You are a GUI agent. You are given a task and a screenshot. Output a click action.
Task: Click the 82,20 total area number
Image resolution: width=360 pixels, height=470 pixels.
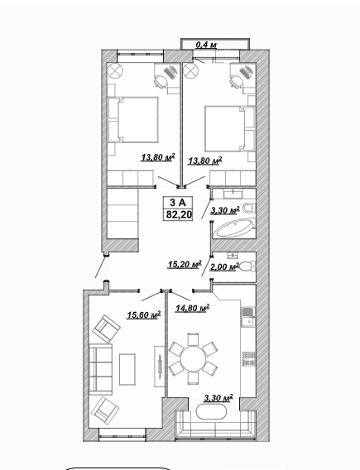(x=179, y=215)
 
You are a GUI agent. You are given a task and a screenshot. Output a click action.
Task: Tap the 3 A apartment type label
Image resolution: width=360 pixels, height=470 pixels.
(x=178, y=203)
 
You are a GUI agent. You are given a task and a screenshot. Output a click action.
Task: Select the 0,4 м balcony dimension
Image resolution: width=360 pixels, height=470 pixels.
(x=206, y=45)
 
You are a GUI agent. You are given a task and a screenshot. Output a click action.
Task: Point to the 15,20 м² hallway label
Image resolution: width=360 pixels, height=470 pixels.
(x=185, y=265)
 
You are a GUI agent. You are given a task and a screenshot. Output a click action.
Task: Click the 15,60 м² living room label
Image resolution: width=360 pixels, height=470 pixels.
(x=143, y=314)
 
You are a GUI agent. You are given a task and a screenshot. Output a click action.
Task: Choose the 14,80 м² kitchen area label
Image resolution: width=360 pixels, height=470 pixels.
(x=192, y=308)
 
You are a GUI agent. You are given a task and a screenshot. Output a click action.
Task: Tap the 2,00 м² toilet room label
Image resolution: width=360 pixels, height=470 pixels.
(x=224, y=266)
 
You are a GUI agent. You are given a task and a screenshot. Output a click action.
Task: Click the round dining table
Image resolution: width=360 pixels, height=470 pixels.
(x=193, y=358)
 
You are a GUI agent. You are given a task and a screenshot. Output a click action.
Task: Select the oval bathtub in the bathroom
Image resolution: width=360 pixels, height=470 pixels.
(x=235, y=228)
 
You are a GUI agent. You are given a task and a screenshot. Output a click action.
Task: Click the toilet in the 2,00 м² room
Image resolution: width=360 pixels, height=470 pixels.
(x=247, y=266)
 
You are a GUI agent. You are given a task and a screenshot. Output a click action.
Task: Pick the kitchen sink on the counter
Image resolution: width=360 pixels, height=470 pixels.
(x=248, y=317)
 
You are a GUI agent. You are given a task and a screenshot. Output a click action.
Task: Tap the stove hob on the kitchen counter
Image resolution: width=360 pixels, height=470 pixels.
(x=249, y=359)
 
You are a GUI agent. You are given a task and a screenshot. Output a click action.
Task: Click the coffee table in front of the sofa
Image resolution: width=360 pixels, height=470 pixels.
(x=127, y=369)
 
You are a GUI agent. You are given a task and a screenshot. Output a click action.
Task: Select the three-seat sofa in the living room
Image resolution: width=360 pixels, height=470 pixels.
(x=101, y=369)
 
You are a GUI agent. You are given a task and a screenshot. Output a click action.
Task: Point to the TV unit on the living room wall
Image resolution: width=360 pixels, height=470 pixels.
(x=160, y=367)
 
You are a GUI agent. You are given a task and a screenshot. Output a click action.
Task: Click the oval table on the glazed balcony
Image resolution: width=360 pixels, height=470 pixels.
(x=211, y=411)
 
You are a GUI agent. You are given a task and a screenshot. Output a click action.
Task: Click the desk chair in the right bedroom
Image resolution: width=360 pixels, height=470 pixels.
(x=237, y=81)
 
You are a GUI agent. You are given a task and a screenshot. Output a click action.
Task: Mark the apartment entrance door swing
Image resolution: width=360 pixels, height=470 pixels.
(x=101, y=266)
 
